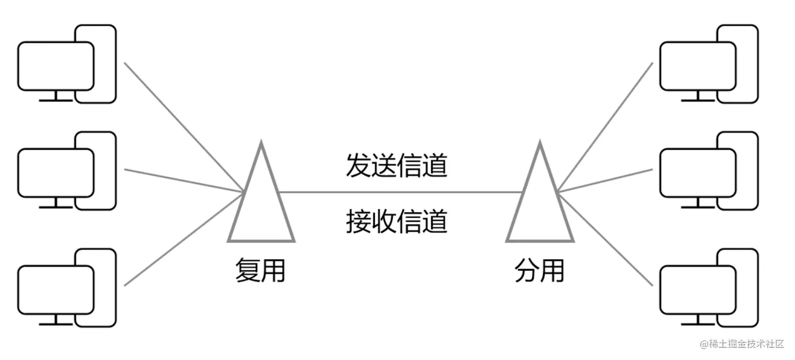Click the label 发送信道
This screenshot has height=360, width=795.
[x=396, y=167]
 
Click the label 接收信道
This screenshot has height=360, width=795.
[x=396, y=221]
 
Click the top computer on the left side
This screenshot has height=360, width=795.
[x=66, y=64]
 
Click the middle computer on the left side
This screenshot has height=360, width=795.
[x=66, y=171]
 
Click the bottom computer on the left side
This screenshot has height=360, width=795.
[x=66, y=288]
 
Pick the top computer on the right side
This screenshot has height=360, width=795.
[x=709, y=64]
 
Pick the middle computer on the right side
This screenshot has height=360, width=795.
[x=709, y=171]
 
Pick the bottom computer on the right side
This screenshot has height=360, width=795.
[x=709, y=288]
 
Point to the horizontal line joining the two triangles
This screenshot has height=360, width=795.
[x=400, y=192]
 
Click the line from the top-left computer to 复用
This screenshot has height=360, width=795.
[x=184, y=127]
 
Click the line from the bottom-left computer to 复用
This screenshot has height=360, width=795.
[x=184, y=239]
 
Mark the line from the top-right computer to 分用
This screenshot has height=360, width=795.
[x=605, y=127]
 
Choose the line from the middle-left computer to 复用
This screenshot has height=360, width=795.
[x=184, y=180]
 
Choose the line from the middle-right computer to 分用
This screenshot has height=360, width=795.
[x=605, y=180]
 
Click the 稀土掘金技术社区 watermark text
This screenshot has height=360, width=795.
[x=746, y=345]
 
